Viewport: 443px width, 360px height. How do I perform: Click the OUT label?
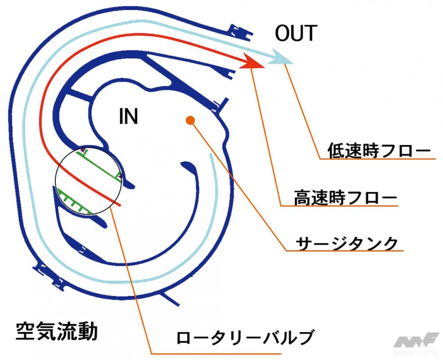pyautogui.click(x=296, y=33)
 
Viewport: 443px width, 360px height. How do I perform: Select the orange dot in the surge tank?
pyautogui.click(x=190, y=120)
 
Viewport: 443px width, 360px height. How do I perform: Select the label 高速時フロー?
pyautogui.click(x=345, y=198)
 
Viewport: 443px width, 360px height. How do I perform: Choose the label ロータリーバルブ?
pyautogui.click(x=245, y=337)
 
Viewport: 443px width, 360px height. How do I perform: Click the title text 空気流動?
pyautogui.click(x=57, y=331)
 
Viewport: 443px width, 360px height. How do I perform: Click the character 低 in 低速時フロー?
pyautogui.click(x=336, y=151)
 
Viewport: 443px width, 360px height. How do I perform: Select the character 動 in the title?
pyautogui.click(x=87, y=331)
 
